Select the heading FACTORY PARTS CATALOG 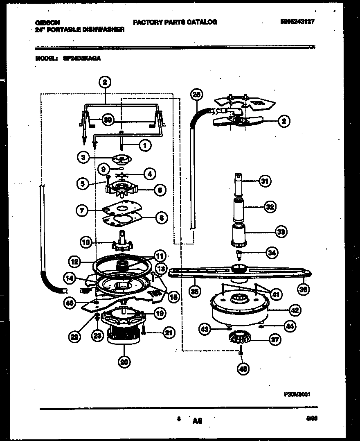point(175,22)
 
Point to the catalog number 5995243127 point(294,22)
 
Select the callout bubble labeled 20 point(124,361)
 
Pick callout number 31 point(265,181)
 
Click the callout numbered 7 point(82,211)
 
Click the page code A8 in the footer point(197,420)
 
